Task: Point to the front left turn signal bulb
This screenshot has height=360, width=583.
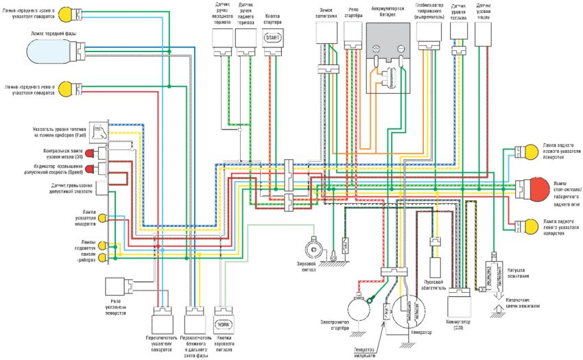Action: [65, 88]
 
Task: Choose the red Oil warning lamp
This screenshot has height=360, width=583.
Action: [101, 152]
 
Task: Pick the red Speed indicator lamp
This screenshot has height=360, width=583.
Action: [101, 168]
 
